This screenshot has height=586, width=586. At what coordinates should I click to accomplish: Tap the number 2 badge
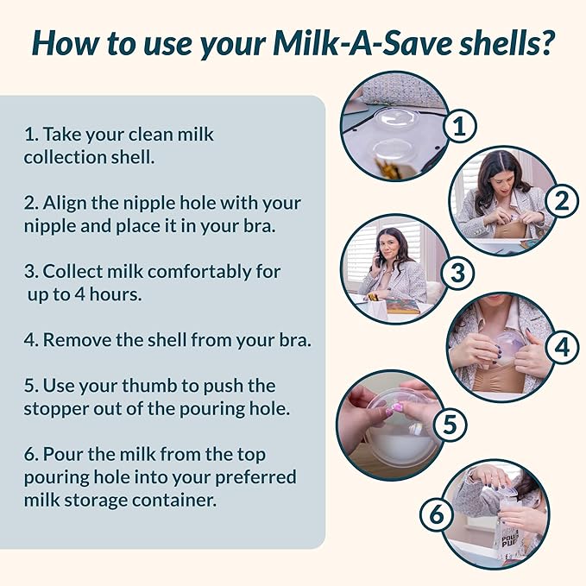coord(560,201)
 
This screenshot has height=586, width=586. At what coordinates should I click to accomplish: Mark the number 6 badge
coord(437,515)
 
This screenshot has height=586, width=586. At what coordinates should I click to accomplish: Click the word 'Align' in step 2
coord(66,203)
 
